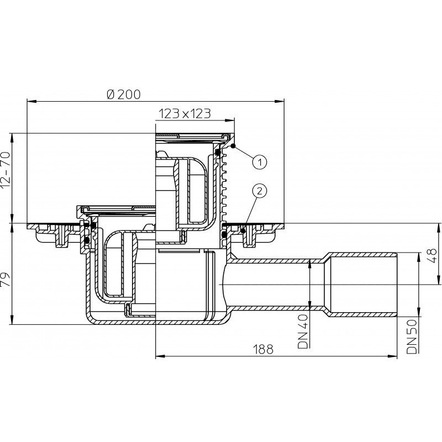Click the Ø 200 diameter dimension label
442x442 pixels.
pos(124,94)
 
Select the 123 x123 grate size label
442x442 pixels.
pos(185,114)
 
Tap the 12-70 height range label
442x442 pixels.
pos(6,170)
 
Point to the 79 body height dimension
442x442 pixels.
pos(6,279)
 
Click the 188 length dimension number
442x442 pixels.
pos(263,349)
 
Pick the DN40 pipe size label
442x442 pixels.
pos(303,331)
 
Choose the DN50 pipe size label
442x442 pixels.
pos(412,336)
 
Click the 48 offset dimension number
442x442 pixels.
pos(434,255)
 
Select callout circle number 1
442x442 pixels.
pos(259,162)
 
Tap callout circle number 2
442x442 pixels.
pos(259,191)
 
